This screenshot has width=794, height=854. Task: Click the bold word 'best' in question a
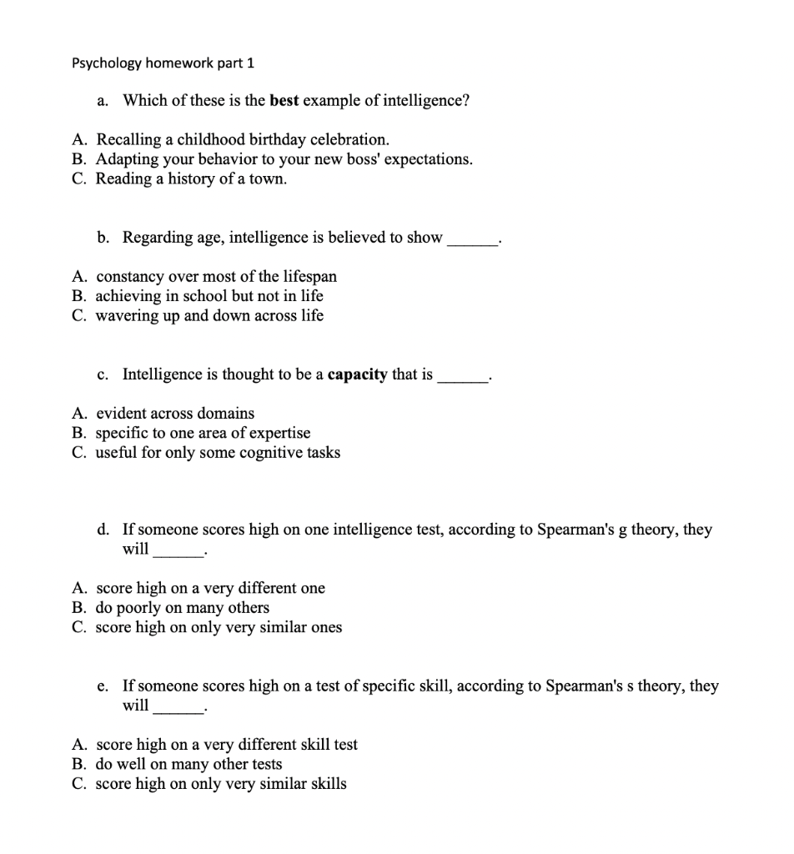tap(284, 101)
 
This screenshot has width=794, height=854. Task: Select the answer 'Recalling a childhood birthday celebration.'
tap(242, 139)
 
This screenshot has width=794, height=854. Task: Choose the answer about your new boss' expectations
tap(284, 158)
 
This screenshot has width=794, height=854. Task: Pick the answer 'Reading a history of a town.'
tap(191, 178)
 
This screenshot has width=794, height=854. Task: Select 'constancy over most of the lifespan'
tap(216, 276)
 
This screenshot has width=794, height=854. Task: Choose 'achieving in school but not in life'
tap(209, 296)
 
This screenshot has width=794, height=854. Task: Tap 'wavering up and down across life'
tap(209, 316)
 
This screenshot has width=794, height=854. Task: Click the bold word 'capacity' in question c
tap(357, 375)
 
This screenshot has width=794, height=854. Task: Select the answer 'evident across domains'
tap(175, 414)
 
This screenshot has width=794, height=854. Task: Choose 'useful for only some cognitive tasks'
tap(218, 453)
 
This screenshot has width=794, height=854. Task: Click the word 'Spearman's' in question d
tap(580, 530)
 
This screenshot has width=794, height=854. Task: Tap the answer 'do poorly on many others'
tap(183, 608)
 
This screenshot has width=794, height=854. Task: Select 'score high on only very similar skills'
tap(221, 784)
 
